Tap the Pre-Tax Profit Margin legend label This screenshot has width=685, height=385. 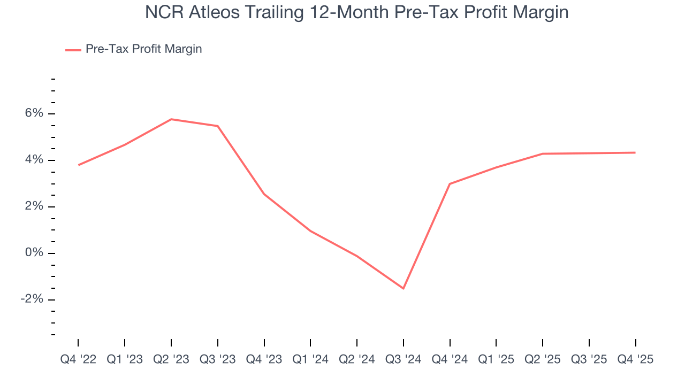pyautogui.click(x=143, y=49)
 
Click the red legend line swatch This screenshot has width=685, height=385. pyautogui.click(x=73, y=50)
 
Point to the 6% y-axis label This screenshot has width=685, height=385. pyautogui.click(x=34, y=114)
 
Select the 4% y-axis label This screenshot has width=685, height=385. pyautogui.click(x=34, y=160)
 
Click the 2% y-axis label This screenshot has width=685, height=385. pyautogui.click(x=34, y=207)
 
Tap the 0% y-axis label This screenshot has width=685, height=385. pyautogui.click(x=34, y=253)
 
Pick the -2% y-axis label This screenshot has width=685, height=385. pyautogui.click(x=32, y=299)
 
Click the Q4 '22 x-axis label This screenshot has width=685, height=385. pyautogui.click(x=78, y=359)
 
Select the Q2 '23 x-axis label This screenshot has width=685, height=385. pyautogui.click(x=171, y=359)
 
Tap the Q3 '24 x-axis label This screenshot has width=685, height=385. pyautogui.click(x=404, y=359)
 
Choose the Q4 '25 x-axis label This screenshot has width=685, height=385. pyautogui.click(x=636, y=359)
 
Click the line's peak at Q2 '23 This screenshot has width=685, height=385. pyautogui.click(x=171, y=119)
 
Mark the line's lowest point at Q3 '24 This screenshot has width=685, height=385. pyautogui.click(x=404, y=288)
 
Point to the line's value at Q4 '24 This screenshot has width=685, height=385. pyautogui.click(x=450, y=184)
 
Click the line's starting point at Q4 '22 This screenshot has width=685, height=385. pyautogui.click(x=78, y=165)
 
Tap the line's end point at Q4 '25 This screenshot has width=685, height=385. pyautogui.click(x=635, y=152)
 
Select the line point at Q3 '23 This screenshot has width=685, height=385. pyautogui.click(x=218, y=126)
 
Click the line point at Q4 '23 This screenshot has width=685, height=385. pyautogui.click(x=264, y=194)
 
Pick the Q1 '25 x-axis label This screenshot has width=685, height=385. pyautogui.click(x=496, y=359)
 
